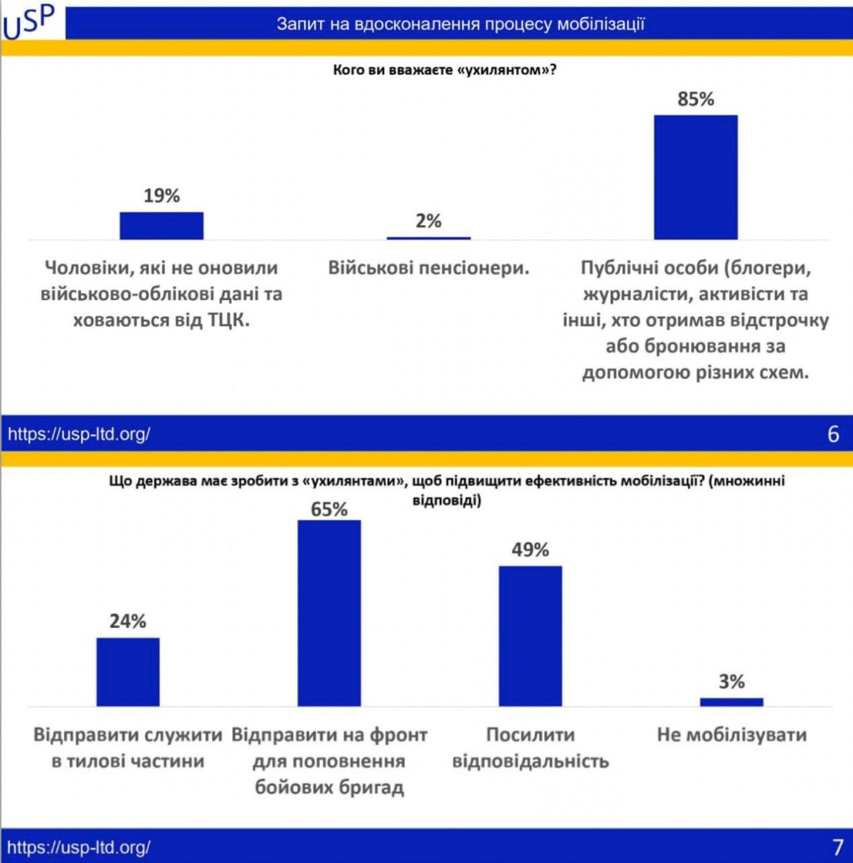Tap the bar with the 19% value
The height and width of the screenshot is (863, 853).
point(162,226)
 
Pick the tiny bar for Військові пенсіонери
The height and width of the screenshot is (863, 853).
point(429,238)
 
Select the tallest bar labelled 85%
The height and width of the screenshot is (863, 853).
point(696,177)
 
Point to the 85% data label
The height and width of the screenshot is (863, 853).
point(696,99)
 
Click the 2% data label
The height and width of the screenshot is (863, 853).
point(429,222)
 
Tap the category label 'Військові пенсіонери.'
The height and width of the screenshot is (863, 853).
point(429,269)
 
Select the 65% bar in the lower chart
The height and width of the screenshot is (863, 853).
point(329,613)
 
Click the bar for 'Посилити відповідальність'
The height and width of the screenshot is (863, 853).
point(530,635)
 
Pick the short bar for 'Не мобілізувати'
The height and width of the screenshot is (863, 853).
point(731,701)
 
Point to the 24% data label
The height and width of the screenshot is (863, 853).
point(128,622)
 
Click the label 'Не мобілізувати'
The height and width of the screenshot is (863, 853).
point(731,735)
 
